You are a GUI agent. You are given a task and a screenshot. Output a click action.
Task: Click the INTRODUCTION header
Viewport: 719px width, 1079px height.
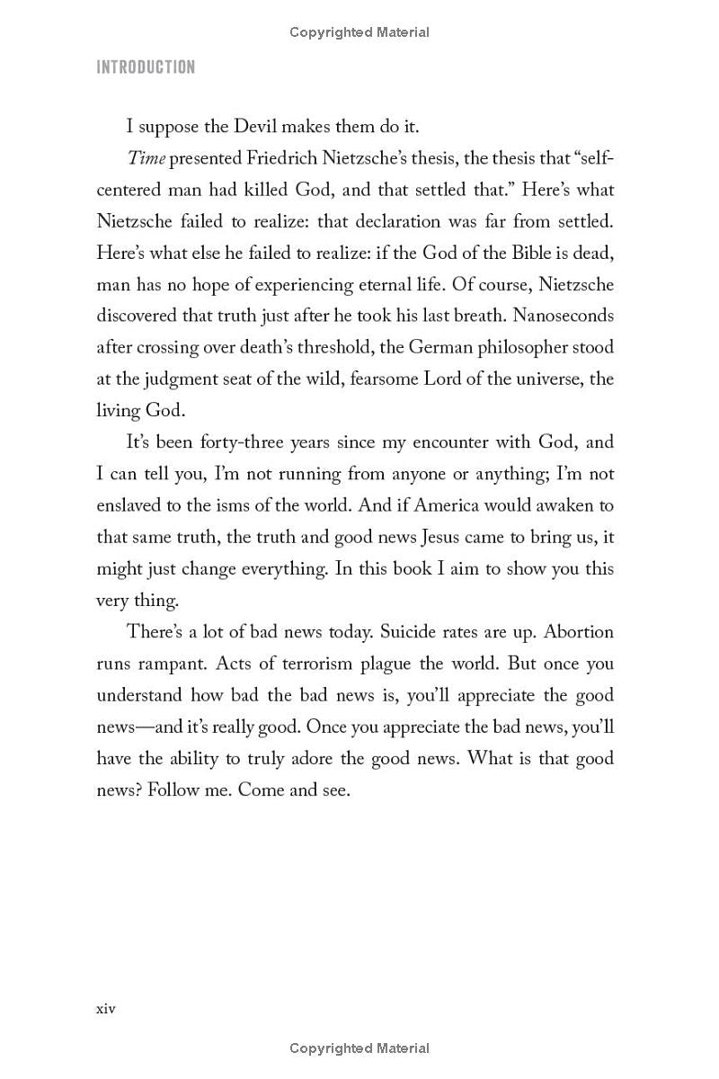[146, 67]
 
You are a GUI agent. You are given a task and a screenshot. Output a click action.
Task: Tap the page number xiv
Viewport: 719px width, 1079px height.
[106, 1008]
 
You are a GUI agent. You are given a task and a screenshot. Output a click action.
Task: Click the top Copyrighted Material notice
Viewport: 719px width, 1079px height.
[359, 32]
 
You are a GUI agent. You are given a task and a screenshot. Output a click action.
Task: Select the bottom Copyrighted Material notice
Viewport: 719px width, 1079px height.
[359, 1048]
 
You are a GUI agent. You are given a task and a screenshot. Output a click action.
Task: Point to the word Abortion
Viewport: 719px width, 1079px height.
[579, 631]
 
